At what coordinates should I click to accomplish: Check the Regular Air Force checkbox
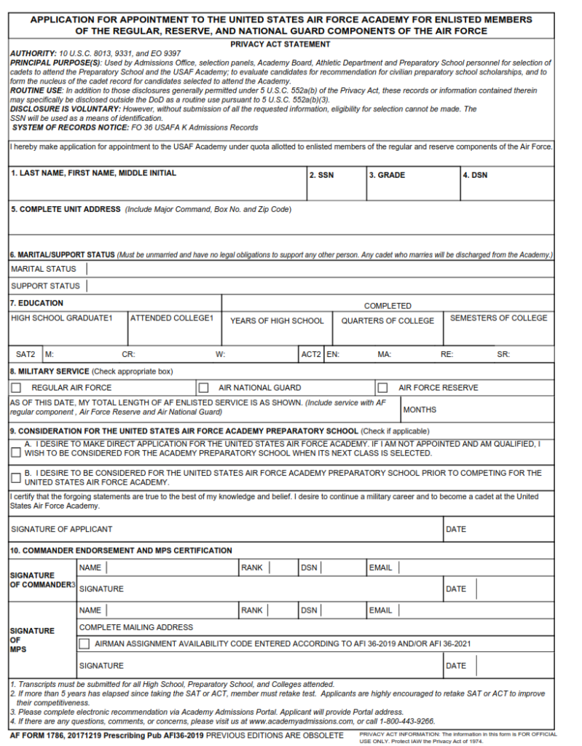click(16, 388)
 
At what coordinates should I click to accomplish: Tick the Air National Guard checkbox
click(204, 388)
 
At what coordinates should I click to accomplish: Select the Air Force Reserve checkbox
click(382, 388)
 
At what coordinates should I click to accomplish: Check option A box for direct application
click(16, 452)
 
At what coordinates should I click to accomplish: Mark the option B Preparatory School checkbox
click(16, 478)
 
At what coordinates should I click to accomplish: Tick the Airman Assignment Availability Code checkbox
click(84, 644)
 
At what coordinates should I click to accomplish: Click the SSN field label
click(321, 176)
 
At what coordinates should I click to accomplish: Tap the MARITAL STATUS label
click(43, 269)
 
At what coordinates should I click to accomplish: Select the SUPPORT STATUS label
click(45, 286)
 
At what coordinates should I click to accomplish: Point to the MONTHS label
click(420, 410)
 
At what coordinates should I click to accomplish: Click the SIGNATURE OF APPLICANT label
click(61, 529)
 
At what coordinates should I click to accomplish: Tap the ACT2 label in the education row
click(311, 355)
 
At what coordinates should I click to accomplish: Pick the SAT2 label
click(25, 355)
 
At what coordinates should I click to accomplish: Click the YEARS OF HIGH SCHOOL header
click(277, 321)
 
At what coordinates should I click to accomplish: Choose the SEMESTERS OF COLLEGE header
click(498, 318)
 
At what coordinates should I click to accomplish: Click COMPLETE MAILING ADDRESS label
click(136, 627)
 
